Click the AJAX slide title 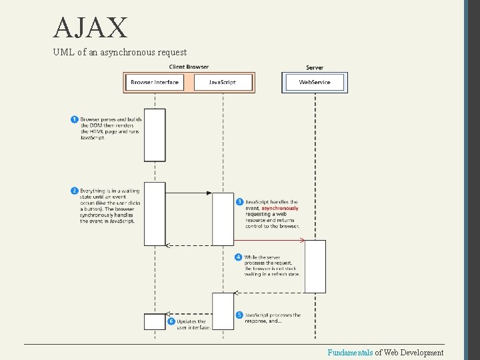pos(91,28)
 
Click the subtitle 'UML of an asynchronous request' pos(120,52)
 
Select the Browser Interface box pos(155,82)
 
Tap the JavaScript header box pos(223,82)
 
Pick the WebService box pos(315,82)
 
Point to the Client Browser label pos(189,67)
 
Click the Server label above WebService pos(315,67)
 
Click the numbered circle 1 pos(74,119)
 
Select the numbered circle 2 pos(74,191)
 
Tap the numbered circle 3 pos(239,201)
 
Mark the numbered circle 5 pos(239,315)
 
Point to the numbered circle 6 pos(171,321)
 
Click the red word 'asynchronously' pos(280,208)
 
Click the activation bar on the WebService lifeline pos(315,266)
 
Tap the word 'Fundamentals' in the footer pos(349,353)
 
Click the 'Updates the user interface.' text pos(193,324)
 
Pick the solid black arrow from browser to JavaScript pos(189,193)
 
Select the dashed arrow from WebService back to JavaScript pos(269,293)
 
